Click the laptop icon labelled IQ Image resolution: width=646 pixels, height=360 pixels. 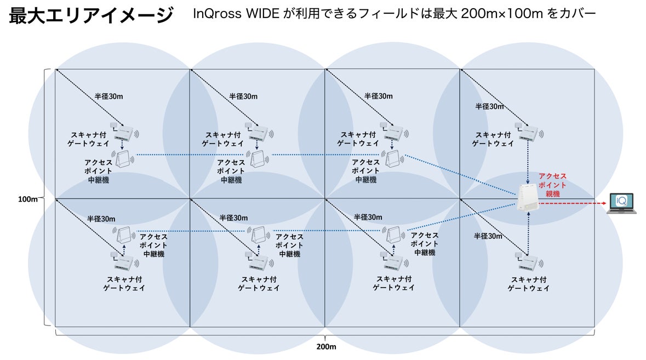click(x=621, y=203)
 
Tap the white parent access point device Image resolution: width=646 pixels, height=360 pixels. click(x=527, y=198)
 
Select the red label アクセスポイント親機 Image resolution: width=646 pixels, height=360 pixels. click(x=553, y=185)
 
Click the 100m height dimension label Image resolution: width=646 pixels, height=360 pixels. click(x=27, y=199)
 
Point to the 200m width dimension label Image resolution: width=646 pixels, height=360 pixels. click(x=325, y=347)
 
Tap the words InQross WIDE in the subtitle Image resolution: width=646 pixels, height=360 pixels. click(x=237, y=14)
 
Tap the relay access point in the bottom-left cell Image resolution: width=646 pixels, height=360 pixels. click(x=124, y=235)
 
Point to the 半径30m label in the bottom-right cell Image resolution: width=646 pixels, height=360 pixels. click(x=488, y=236)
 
